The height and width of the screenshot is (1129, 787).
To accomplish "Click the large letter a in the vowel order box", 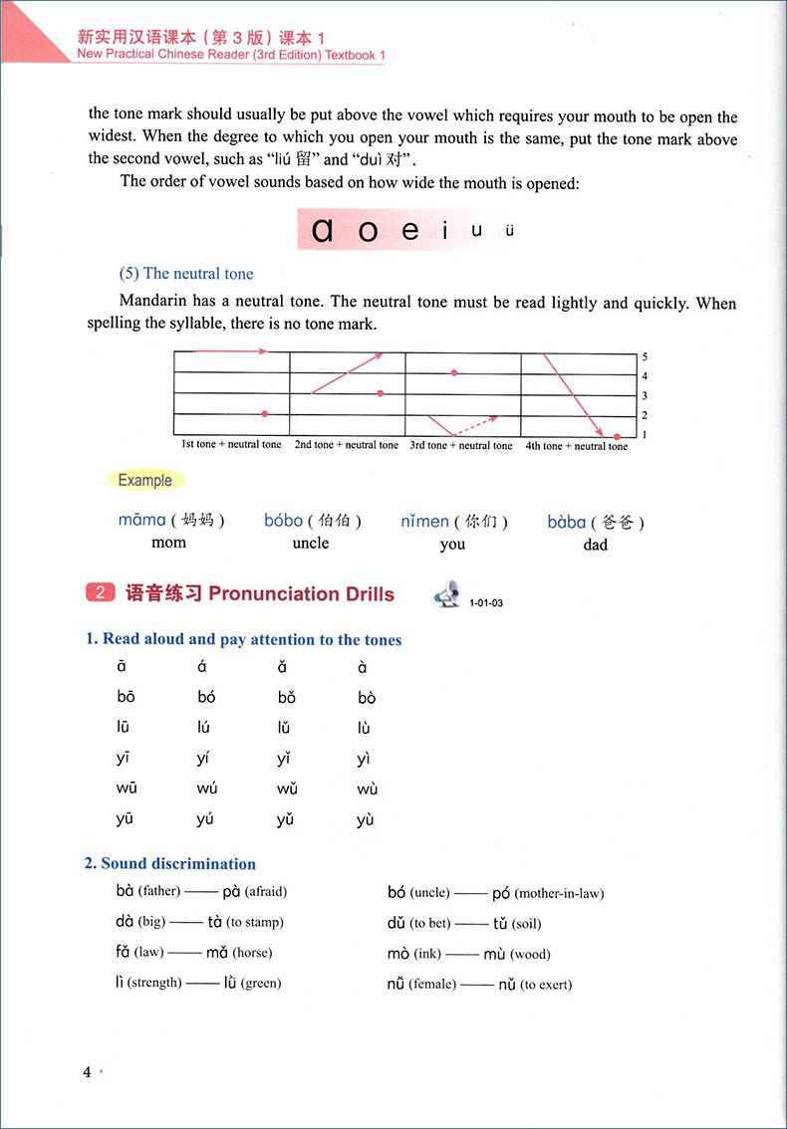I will (x=322, y=231).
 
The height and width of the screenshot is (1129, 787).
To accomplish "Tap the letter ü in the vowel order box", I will (x=509, y=231).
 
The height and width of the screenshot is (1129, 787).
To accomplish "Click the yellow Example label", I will (x=144, y=480).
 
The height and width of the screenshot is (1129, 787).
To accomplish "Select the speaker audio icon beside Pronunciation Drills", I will (x=446, y=594).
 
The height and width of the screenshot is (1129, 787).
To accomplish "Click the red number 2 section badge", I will (x=100, y=593).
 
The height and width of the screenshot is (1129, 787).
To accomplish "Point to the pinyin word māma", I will (x=141, y=520).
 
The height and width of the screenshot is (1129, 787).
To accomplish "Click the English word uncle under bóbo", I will (x=311, y=543).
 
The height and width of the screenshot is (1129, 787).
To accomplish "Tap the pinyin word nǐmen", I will (x=424, y=521).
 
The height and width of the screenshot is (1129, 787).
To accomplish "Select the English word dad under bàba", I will (x=595, y=544).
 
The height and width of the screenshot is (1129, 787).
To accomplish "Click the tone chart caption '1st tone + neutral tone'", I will (x=231, y=445).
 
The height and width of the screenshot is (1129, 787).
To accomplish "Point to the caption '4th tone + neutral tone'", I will (x=576, y=446).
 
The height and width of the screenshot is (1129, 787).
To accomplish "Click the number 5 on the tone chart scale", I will (x=645, y=356).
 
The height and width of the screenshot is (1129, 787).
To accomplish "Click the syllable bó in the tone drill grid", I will (x=206, y=697).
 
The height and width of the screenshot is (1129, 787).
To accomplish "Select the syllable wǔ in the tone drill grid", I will (x=287, y=789).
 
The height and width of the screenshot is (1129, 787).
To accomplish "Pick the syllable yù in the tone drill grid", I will (x=366, y=820).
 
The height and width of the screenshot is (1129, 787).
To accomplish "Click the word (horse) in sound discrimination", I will (x=252, y=953).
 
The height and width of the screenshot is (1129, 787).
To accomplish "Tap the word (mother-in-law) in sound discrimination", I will (x=559, y=893).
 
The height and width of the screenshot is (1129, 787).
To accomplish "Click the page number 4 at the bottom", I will (x=87, y=1072).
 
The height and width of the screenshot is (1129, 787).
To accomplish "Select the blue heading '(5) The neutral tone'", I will (x=186, y=274).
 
